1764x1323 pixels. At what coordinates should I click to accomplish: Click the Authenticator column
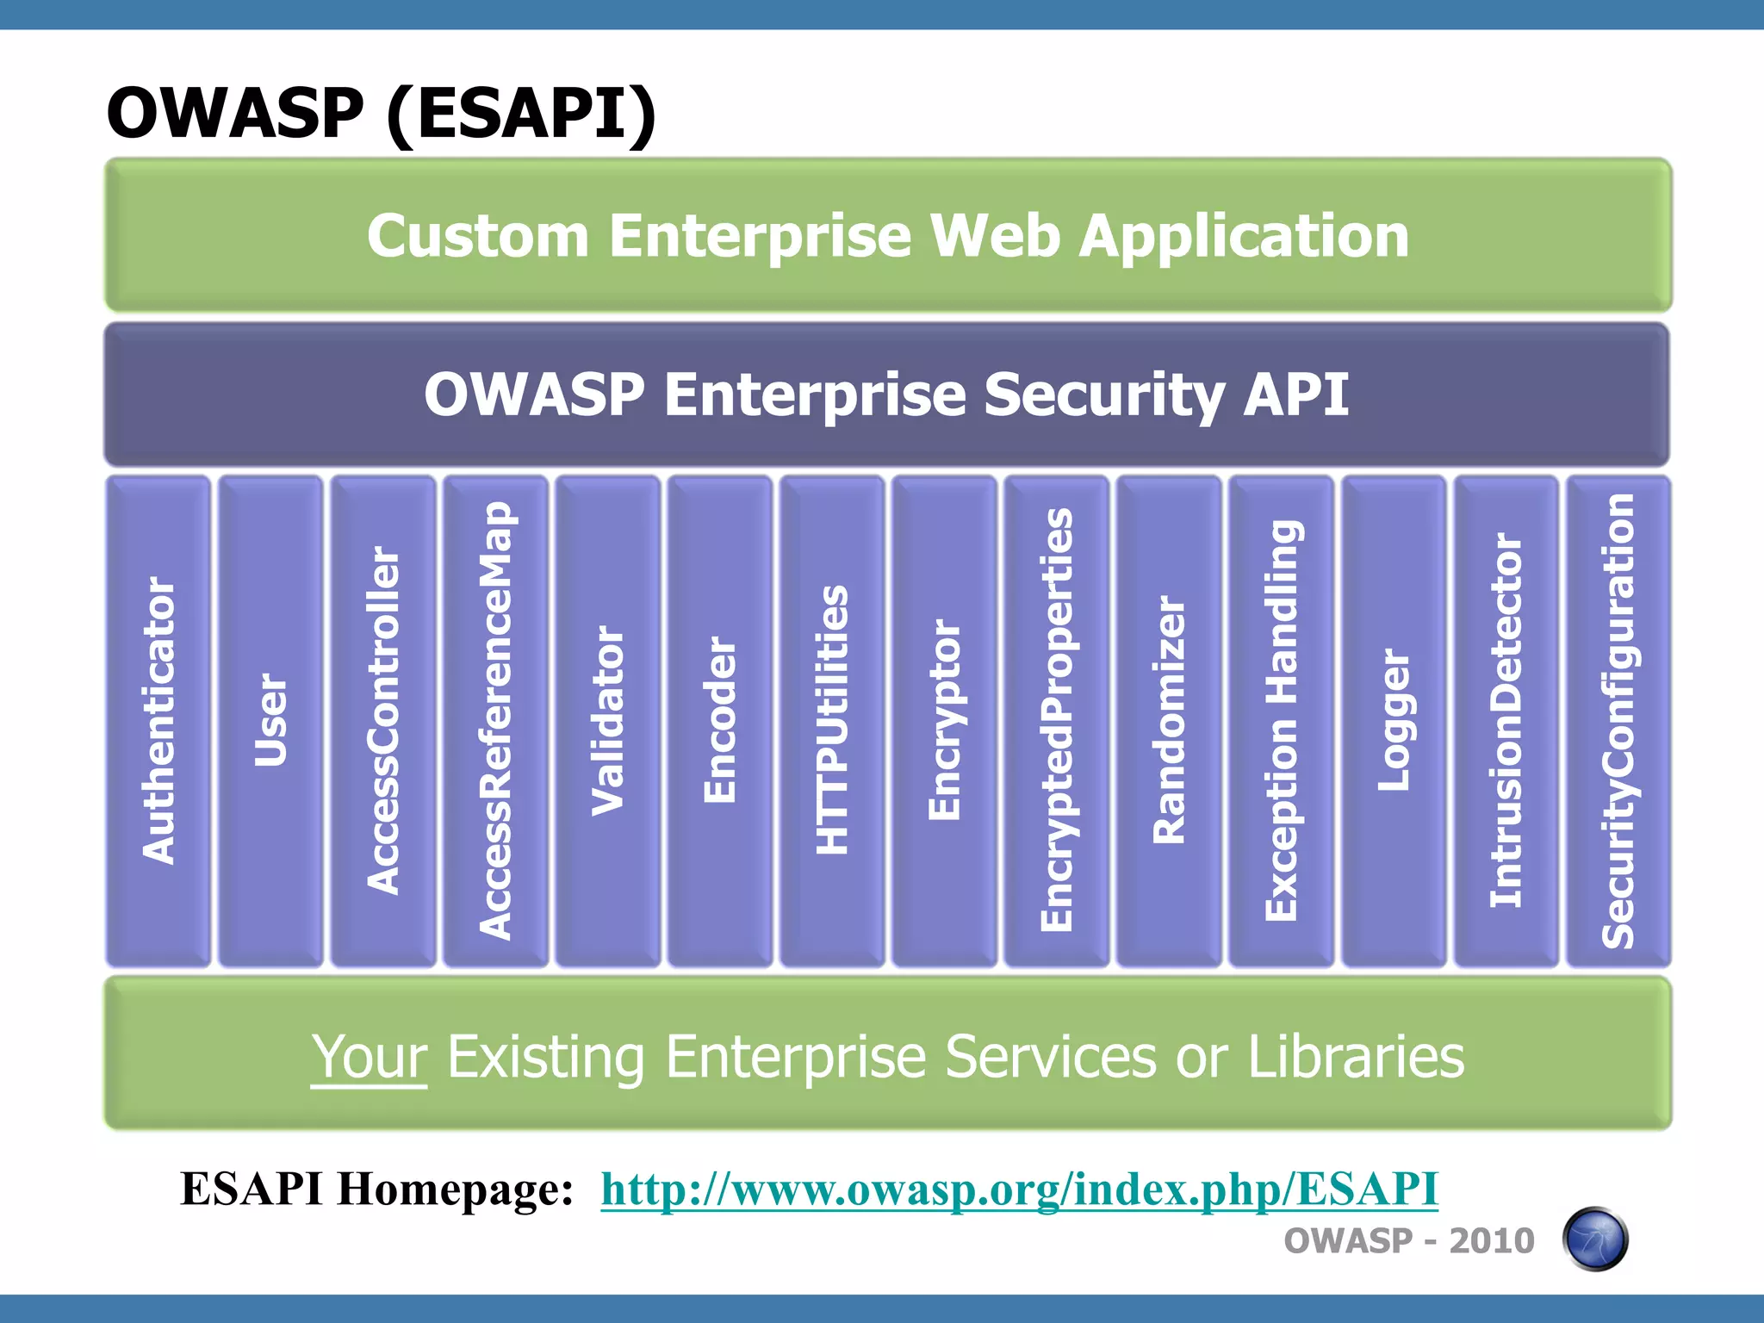[158, 722]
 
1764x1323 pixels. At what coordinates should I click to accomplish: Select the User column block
[270, 722]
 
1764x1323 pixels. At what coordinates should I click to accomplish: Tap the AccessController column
[383, 722]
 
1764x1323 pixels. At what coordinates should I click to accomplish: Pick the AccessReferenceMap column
[495, 722]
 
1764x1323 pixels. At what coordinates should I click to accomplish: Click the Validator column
[608, 722]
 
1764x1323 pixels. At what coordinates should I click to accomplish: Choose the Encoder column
[720, 722]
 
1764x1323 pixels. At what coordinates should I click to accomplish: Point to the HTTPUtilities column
[832, 722]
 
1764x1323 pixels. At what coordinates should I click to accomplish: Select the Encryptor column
[944, 722]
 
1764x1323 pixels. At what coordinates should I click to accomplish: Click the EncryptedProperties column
[1057, 722]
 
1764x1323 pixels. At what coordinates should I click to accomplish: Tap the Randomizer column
[1169, 722]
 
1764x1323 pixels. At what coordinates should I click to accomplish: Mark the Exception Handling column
[1282, 722]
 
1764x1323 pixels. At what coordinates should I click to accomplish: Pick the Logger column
[1394, 722]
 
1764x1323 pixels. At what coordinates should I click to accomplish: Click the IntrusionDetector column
[1506, 722]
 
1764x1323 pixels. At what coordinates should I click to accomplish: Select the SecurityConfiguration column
[1618, 722]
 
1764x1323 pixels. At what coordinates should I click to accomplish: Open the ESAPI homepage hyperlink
[1019, 1189]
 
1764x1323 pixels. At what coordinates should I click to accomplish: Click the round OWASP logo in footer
[1594, 1239]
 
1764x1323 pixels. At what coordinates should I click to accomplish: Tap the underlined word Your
[369, 1057]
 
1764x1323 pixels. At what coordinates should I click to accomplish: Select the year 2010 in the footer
[1491, 1241]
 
